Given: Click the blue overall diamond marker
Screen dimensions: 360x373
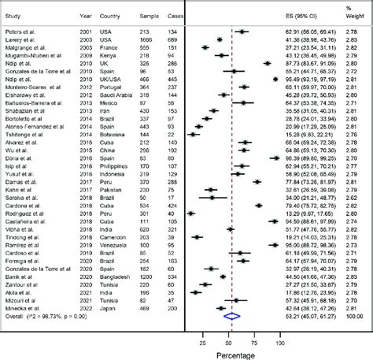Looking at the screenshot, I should tap(232, 317).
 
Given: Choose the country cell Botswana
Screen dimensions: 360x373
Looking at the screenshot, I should tap(106, 155).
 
